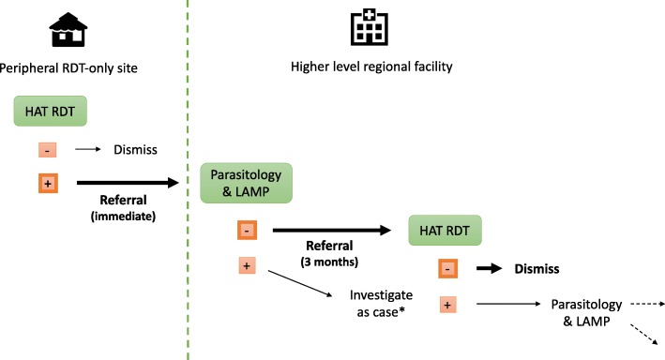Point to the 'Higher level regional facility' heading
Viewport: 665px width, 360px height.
click(x=363, y=67)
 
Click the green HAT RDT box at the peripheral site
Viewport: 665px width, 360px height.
click(x=51, y=111)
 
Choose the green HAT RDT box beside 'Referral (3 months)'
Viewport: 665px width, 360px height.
click(x=445, y=228)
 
